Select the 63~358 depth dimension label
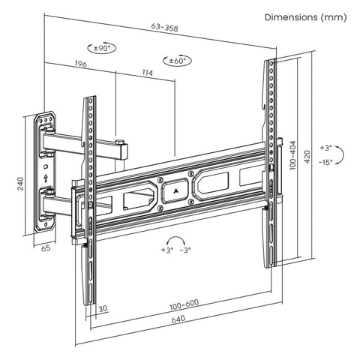[165, 27]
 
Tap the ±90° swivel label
[100, 48]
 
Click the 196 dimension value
[80, 65]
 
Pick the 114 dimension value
[146, 73]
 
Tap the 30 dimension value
[102, 307]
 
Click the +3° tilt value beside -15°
[325, 148]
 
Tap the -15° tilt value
[325, 161]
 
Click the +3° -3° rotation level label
[175, 249]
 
